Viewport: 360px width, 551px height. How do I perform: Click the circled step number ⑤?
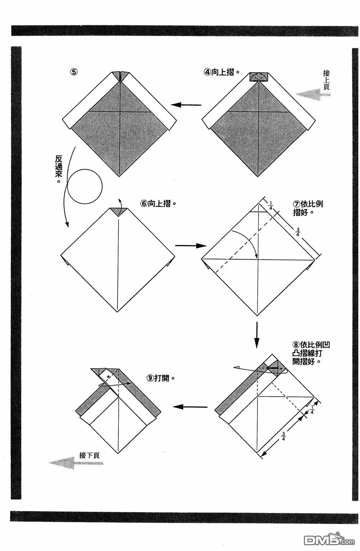(73, 71)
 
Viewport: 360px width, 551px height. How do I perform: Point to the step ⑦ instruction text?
(308, 208)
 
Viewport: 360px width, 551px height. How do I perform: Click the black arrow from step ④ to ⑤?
(186, 105)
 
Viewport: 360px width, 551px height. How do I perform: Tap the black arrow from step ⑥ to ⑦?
(190, 246)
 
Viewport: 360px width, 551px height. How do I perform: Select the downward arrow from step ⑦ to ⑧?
(257, 335)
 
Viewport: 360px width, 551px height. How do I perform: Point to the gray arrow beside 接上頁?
(313, 94)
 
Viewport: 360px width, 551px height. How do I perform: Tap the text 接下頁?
(89, 455)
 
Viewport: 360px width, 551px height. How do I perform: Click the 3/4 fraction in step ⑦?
(297, 232)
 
